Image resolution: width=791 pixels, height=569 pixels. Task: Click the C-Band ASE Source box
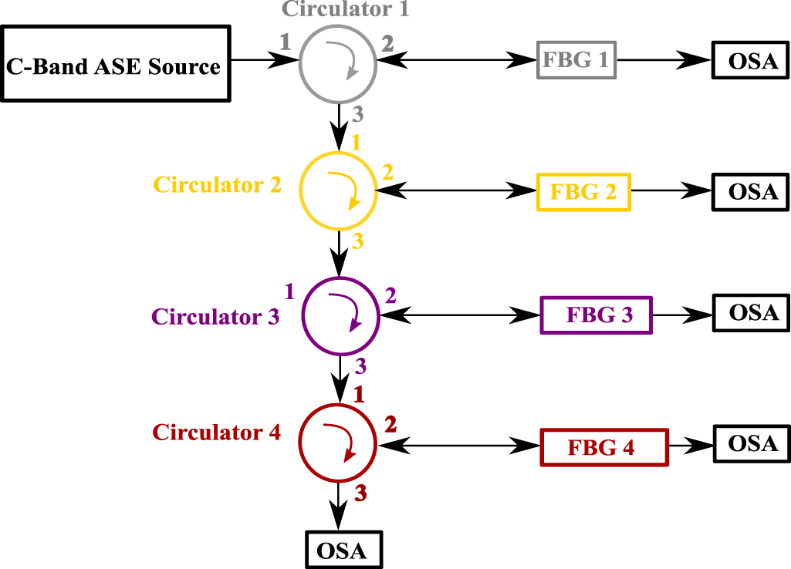coord(116,64)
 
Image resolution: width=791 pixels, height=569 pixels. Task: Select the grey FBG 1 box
coord(576,59)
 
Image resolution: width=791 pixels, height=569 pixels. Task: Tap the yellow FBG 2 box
coord(583,191)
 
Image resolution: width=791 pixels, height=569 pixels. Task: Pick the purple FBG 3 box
coord(597,315)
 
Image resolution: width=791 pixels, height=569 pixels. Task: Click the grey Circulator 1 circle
coord(338,60)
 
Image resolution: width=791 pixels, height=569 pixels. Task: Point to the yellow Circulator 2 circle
coord(338,190)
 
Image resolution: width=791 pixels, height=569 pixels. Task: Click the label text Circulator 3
coord(215,317)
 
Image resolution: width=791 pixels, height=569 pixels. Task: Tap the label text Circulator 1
coord(345,9)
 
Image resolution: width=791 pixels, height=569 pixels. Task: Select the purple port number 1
coord(289,291)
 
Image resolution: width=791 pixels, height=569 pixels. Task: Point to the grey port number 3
coord(357,116)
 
